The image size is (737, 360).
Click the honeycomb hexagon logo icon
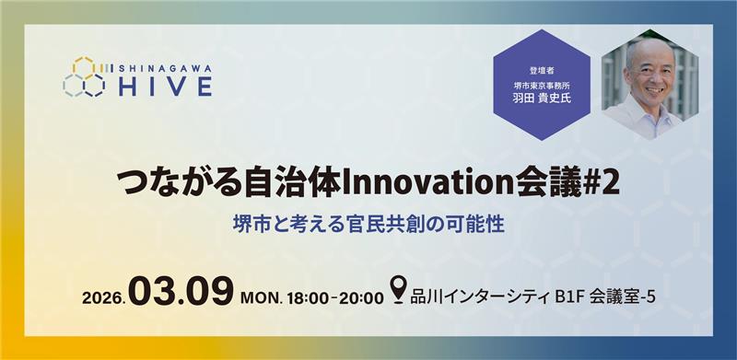[84, 77]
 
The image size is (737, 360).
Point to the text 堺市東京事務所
[541, 83]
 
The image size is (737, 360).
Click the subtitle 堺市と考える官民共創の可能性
[368, 223]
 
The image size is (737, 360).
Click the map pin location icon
[398, 293]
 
